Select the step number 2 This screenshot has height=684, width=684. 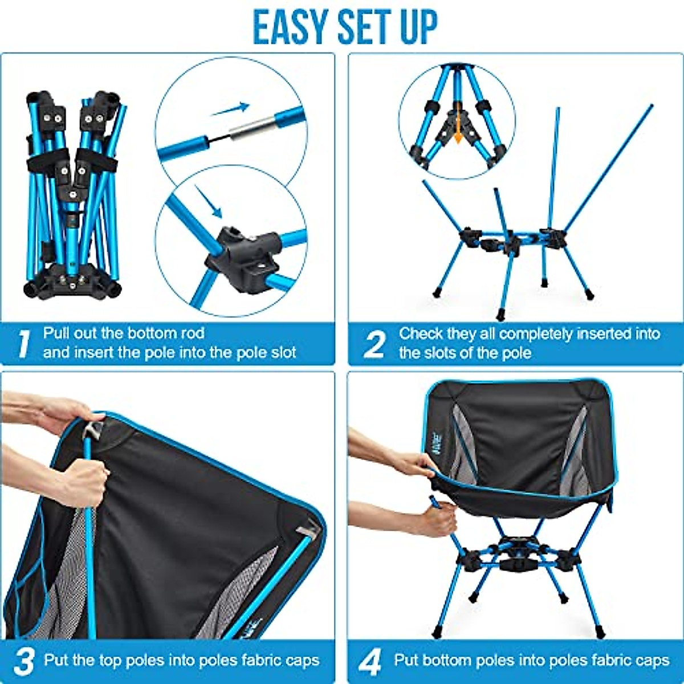[374, 344]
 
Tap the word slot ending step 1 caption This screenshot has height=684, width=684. [282, 352]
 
